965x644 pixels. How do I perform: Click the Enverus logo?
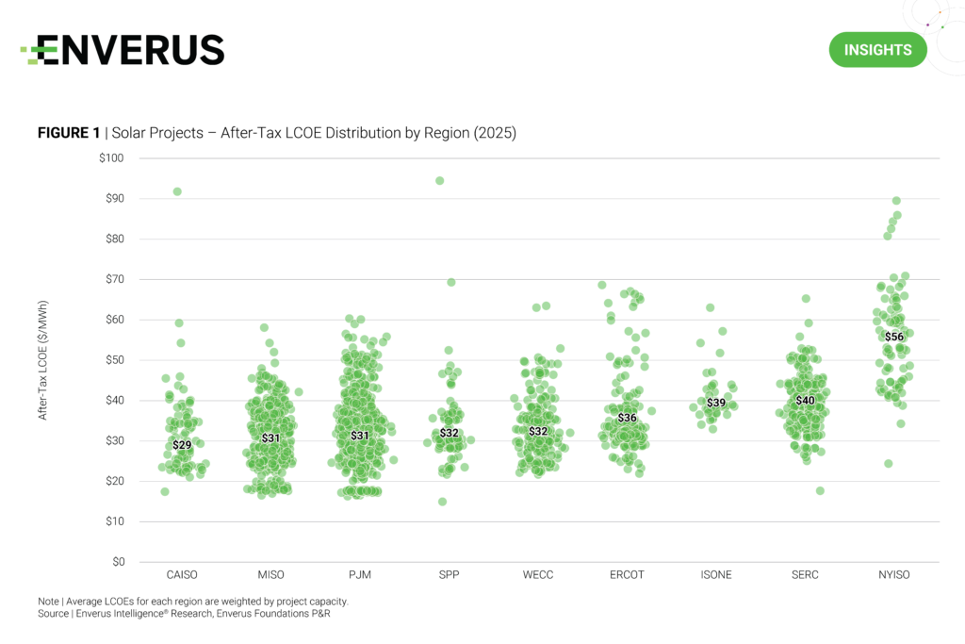123,50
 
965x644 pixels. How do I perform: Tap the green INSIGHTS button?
877,50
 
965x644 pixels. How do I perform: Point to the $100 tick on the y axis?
111,157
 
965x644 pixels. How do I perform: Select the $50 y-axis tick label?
114,360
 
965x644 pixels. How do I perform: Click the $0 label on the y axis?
118,562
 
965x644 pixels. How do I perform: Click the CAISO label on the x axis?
183,575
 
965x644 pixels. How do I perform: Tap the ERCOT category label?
627,575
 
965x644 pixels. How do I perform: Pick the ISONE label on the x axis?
716,575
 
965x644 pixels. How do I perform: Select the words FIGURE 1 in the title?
69,134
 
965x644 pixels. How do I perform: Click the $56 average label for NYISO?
893,337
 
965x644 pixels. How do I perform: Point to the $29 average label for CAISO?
182,445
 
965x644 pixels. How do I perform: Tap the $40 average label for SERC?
805,401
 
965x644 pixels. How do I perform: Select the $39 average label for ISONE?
716,404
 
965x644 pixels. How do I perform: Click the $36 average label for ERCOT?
627,418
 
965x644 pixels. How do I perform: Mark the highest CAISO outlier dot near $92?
177,191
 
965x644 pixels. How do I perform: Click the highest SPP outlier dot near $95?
439,180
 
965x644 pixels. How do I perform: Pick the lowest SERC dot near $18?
820,490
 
